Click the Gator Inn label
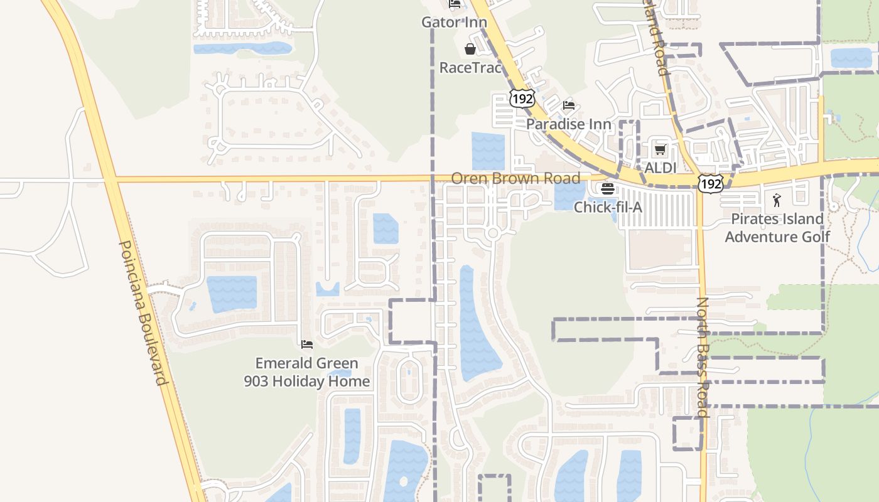[x=454, y=23]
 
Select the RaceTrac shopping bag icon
[x=470, y=49]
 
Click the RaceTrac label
[x=470, y=67]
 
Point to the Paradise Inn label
[x=568, y=124]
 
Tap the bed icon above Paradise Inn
[x=569, y=105]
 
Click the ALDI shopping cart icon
[x=660, y=149]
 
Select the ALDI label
[x=661, y=168]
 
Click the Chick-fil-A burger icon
[x=607, y=188]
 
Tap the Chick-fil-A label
[x=608, y=206]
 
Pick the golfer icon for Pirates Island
[x=777, y=201]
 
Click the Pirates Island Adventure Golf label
[x=777, y=228]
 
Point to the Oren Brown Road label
[x=515, y=178]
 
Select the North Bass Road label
[x=703, y=358]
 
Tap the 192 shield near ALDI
[x=710, y=183]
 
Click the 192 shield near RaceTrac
[x=522, y=99]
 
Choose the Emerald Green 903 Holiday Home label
[x=307, y=372]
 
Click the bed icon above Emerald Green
[x=307, y=344]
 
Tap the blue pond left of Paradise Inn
[x=488, y=151]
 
